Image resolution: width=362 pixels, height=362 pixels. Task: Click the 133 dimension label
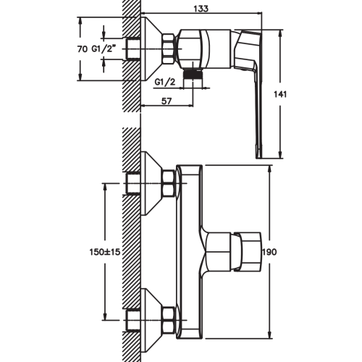[201, 9]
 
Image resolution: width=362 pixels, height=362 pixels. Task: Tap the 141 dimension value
[280, 94]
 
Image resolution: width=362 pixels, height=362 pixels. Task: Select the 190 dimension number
[269, 252]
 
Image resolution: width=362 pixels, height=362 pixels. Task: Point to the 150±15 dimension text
[105, 252]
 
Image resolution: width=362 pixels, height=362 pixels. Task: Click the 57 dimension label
[167, 101]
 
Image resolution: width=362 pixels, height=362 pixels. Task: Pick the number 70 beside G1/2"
[83, 49]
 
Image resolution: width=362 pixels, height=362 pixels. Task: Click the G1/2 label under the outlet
[165, 83]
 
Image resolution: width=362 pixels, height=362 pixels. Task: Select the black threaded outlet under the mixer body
[193, 75]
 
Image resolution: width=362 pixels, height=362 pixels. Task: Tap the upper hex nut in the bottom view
[169, 184]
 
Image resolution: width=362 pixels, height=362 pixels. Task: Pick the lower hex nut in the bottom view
[169, 320]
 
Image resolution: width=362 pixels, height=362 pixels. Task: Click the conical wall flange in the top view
[151, 49]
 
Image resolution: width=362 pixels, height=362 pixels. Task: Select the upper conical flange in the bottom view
[152, 183]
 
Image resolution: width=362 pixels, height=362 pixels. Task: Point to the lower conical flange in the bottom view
[152, 320]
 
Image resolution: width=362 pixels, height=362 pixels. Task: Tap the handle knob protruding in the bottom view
[246, 251]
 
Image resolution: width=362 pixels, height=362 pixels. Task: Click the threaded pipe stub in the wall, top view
[133, 49]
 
